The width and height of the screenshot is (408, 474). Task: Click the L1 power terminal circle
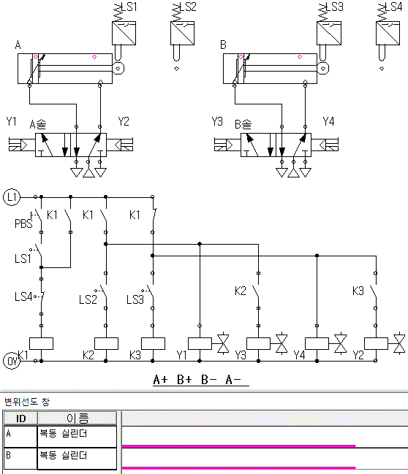point(12,197)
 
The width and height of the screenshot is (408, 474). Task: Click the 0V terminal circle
point(12,361)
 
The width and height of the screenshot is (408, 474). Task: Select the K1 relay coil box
point(41,343)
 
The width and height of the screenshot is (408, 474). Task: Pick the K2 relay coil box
point(106,343)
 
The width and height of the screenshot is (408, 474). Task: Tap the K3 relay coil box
point(153,343)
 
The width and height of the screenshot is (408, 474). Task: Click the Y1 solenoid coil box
point(200,343)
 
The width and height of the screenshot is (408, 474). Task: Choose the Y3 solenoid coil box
point(259,343)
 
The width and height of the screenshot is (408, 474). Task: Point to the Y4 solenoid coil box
point(317,343)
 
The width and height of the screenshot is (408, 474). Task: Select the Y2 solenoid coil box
point(376,343)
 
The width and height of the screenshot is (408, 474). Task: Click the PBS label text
point(23,223)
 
